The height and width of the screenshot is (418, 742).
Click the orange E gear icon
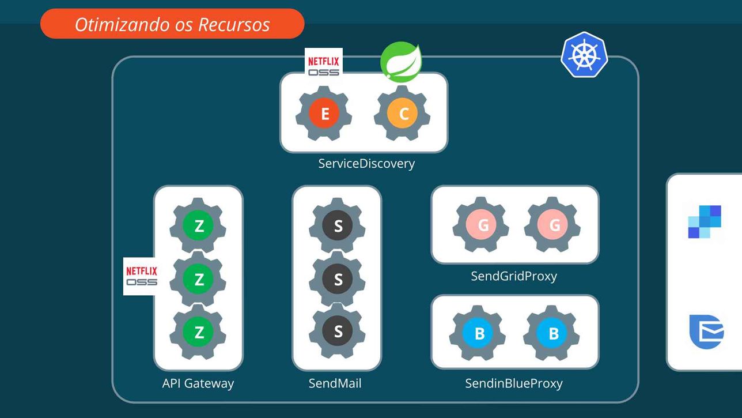click(324, 114)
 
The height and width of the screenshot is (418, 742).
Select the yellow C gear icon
click(402, 114)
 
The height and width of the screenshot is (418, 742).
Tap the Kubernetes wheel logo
click(584, 55)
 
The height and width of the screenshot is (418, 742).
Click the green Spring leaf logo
click(401, 62)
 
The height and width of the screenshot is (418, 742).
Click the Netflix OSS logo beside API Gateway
click(141, 276)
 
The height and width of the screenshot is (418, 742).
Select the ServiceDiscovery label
click(366, 164)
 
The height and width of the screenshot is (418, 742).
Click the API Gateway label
click(198, 383)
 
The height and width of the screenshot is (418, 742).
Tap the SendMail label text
click(335, 383)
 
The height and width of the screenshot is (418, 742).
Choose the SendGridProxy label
click(514, 276)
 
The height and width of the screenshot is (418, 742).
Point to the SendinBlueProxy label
click(514, 383)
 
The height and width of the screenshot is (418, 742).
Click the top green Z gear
click(198, 225)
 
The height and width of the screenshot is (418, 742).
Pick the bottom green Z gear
click(198, 332)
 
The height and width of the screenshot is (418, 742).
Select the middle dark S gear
click(337, 279)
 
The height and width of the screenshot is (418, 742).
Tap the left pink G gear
click(480, 225)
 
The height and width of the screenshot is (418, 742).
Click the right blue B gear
click(551, 333)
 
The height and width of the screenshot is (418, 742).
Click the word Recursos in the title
click(234, 25)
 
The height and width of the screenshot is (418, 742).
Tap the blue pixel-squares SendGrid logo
click(705, 222)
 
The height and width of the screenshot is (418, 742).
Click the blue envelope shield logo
click(706, 332)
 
